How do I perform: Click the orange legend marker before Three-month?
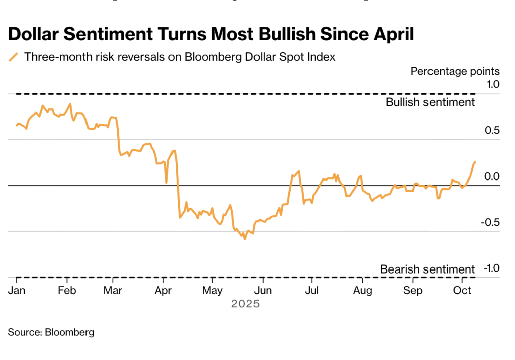14,57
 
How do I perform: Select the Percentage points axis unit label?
455,71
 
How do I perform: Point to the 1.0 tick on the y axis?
493,84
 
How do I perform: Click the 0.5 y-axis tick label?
493,131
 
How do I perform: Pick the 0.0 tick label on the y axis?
493,176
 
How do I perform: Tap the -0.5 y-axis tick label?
491,223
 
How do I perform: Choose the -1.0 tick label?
491,268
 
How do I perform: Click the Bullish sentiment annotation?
430,102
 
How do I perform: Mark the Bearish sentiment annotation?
427,269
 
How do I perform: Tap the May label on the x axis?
212,291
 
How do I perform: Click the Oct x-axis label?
462,291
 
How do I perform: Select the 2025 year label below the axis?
245,304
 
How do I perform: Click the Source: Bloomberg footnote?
51,332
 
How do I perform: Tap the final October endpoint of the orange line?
475,162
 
